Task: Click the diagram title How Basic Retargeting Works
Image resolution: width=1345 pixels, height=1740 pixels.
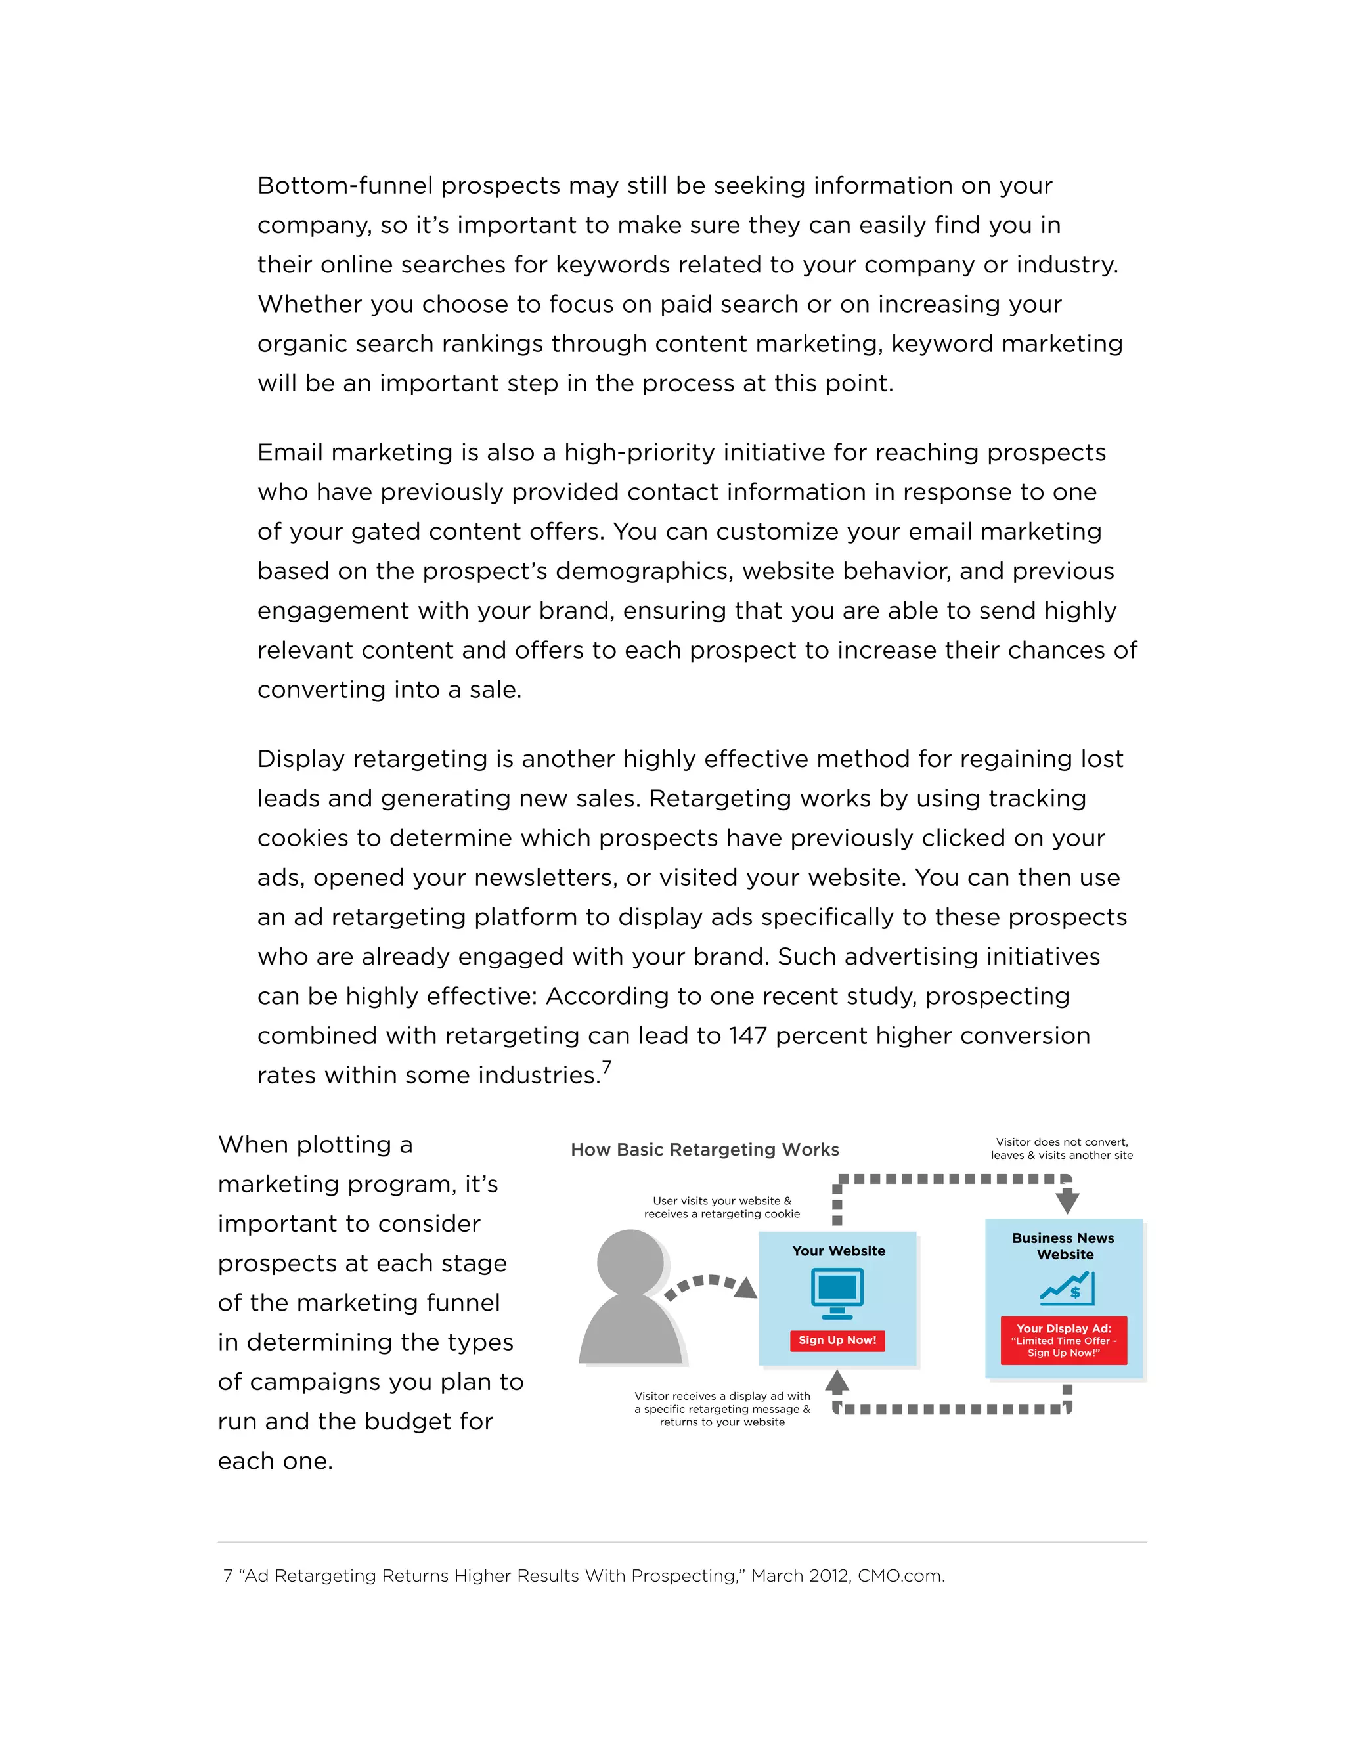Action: pyautogui.click(x=705, y=1149)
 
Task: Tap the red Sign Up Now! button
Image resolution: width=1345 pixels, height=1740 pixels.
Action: pyautogui.click(x=837, y=1339)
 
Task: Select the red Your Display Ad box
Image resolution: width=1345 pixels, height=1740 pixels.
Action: pyautogui.click(x=1063, y=1340)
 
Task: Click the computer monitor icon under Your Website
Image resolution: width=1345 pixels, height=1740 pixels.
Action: pyautogui.click(x=837, y=1292)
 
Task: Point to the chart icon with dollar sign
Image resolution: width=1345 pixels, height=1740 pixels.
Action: pyautogui.click(x=1067, y=1288)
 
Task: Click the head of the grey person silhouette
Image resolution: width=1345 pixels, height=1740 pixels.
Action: pyautogui.click(x=630, y=1262)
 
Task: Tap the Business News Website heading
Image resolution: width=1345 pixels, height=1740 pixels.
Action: pyautogui.click(x=1063, y=1246)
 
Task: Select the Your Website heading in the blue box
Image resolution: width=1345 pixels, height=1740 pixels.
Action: pyautogui.click(x=838, y=1251)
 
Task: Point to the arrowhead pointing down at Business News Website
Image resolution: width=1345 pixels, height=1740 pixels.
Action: pyautogui.click(x=1067, y=1201)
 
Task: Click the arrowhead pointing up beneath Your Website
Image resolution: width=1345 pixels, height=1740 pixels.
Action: pyautogui.click(x=837, y=1381)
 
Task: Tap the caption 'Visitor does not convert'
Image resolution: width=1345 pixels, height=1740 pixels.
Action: pyautogui.click(x=1061, y=1142)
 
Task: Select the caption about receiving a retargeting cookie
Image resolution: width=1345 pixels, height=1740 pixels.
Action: pyautogui.click(x=722, y=1207)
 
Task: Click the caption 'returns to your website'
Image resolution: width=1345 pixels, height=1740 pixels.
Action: pyautogui.click(x=722, y=1422)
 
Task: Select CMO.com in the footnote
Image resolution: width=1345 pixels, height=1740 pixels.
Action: pyautogui.click(x=900, y=1575)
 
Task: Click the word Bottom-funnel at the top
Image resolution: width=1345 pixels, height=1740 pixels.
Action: pyautogui.click(x=344, y=186)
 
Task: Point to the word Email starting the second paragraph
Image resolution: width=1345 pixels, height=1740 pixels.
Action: pyautogui.click(x=290, y=452)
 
